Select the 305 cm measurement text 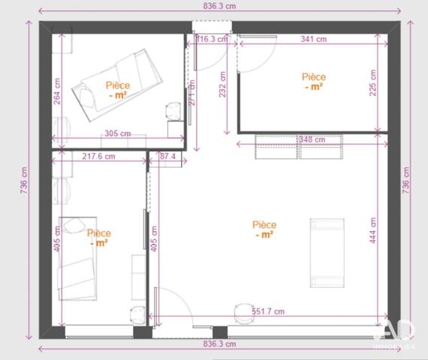point(116,133)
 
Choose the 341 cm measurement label point(312,39)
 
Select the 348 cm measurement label point(311,139)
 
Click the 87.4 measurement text point(167,157)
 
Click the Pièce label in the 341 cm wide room point(314,81)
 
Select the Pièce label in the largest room point(264,229)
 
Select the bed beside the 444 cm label point(327,253)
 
